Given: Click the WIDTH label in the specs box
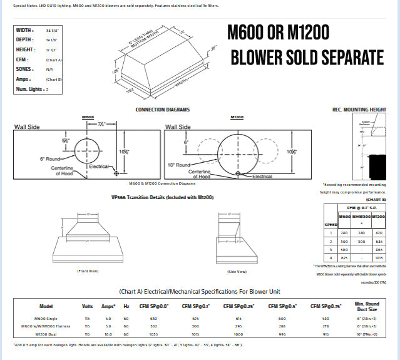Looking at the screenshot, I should click(24, 30).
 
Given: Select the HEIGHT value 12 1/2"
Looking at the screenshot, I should click(53, 49).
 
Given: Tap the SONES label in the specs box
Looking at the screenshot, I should click(24, 69).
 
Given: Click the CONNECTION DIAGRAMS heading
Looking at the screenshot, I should click(163, 110).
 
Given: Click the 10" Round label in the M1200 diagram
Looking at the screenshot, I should click(177, 165).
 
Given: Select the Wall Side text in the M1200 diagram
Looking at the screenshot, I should click(178, 126).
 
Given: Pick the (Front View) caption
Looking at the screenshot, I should click(88, 271).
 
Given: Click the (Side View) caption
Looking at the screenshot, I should click(237, 271).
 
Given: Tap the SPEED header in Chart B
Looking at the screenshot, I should click(331, 223).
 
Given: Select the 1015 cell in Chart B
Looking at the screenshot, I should click(379, 257).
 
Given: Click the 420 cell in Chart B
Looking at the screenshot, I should click(379, 232).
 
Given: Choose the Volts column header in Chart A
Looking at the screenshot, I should click(87, 306).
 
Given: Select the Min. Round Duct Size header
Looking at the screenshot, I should click(364, 306).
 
